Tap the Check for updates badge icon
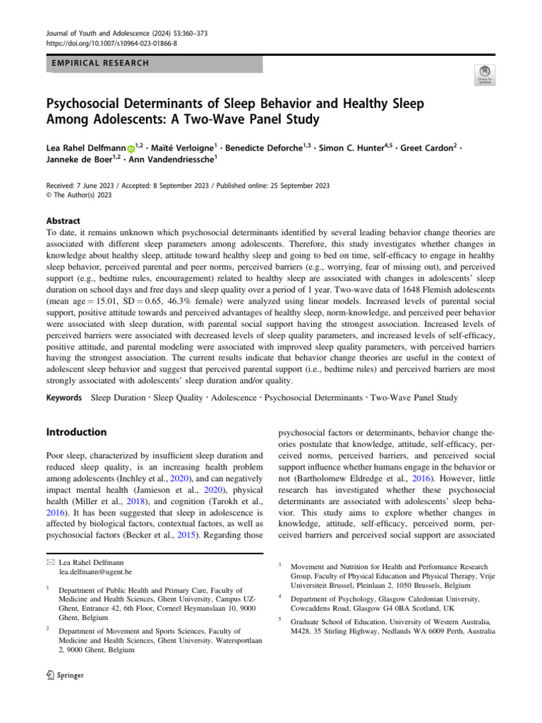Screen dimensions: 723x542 point(485,75)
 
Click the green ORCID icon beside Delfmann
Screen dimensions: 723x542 point(131,149)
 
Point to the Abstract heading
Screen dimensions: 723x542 point(64,221)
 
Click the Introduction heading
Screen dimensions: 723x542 point(76,431)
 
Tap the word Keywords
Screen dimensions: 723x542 point(65,398)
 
